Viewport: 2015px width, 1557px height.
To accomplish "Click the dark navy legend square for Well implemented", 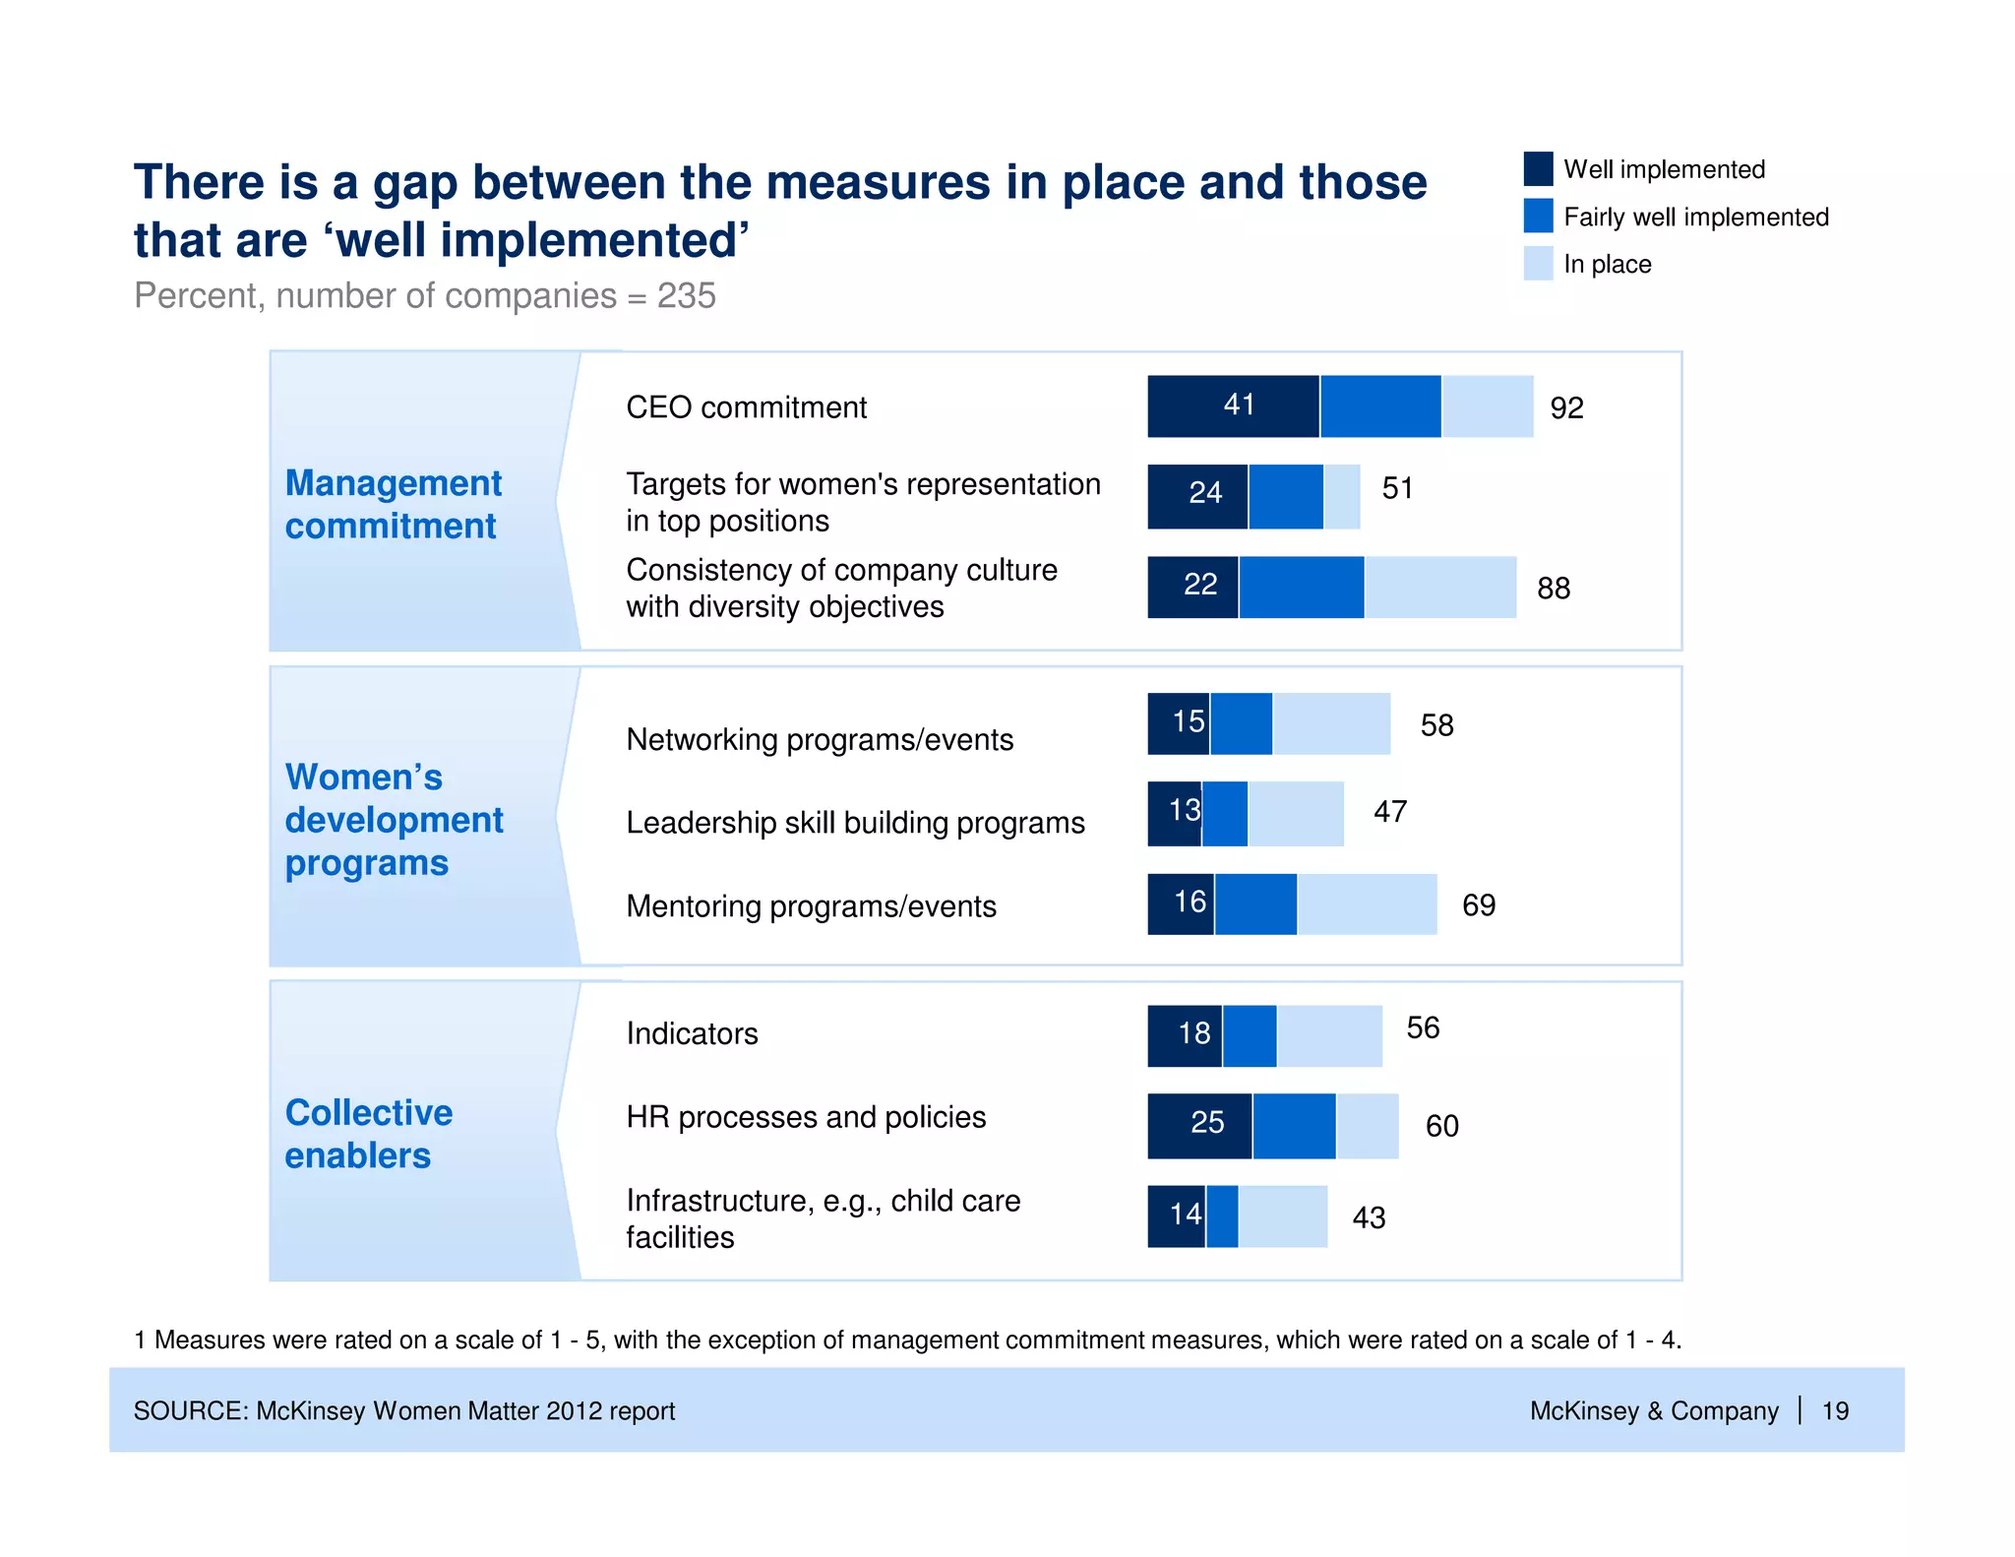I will point(1538,168).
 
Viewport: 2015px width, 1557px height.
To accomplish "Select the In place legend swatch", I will point(1538,264).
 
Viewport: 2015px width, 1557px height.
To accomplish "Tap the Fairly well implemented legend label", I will point(1695,217).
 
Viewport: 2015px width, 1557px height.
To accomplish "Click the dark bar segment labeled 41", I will point(1233,405).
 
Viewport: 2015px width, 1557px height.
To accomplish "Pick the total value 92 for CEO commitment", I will point(1566,407).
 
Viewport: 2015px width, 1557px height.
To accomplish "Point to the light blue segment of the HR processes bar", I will point(1367,1125).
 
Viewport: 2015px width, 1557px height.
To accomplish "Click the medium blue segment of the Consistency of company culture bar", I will point(1301,588).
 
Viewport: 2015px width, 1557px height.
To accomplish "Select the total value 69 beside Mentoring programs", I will point(1478,904).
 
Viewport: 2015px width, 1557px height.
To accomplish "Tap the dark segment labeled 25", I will point(1199,1125).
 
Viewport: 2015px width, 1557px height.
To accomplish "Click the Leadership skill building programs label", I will point(855,822).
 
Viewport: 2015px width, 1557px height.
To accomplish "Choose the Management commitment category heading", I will point(393,504).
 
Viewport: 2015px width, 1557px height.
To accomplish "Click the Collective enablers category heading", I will point(368,1133).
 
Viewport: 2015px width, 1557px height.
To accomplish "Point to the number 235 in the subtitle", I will point(686,295).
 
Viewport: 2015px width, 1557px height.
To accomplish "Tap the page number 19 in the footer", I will point(1834,1410).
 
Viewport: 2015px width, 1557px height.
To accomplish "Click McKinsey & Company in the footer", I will point(1653,1410).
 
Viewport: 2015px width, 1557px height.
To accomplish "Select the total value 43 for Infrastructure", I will point(1369,1217).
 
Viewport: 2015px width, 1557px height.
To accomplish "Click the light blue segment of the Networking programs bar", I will point(1331,723).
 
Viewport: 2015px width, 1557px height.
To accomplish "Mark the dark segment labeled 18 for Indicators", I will point(1185,1035).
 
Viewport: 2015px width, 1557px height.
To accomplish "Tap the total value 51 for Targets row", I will point(1397,488).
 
